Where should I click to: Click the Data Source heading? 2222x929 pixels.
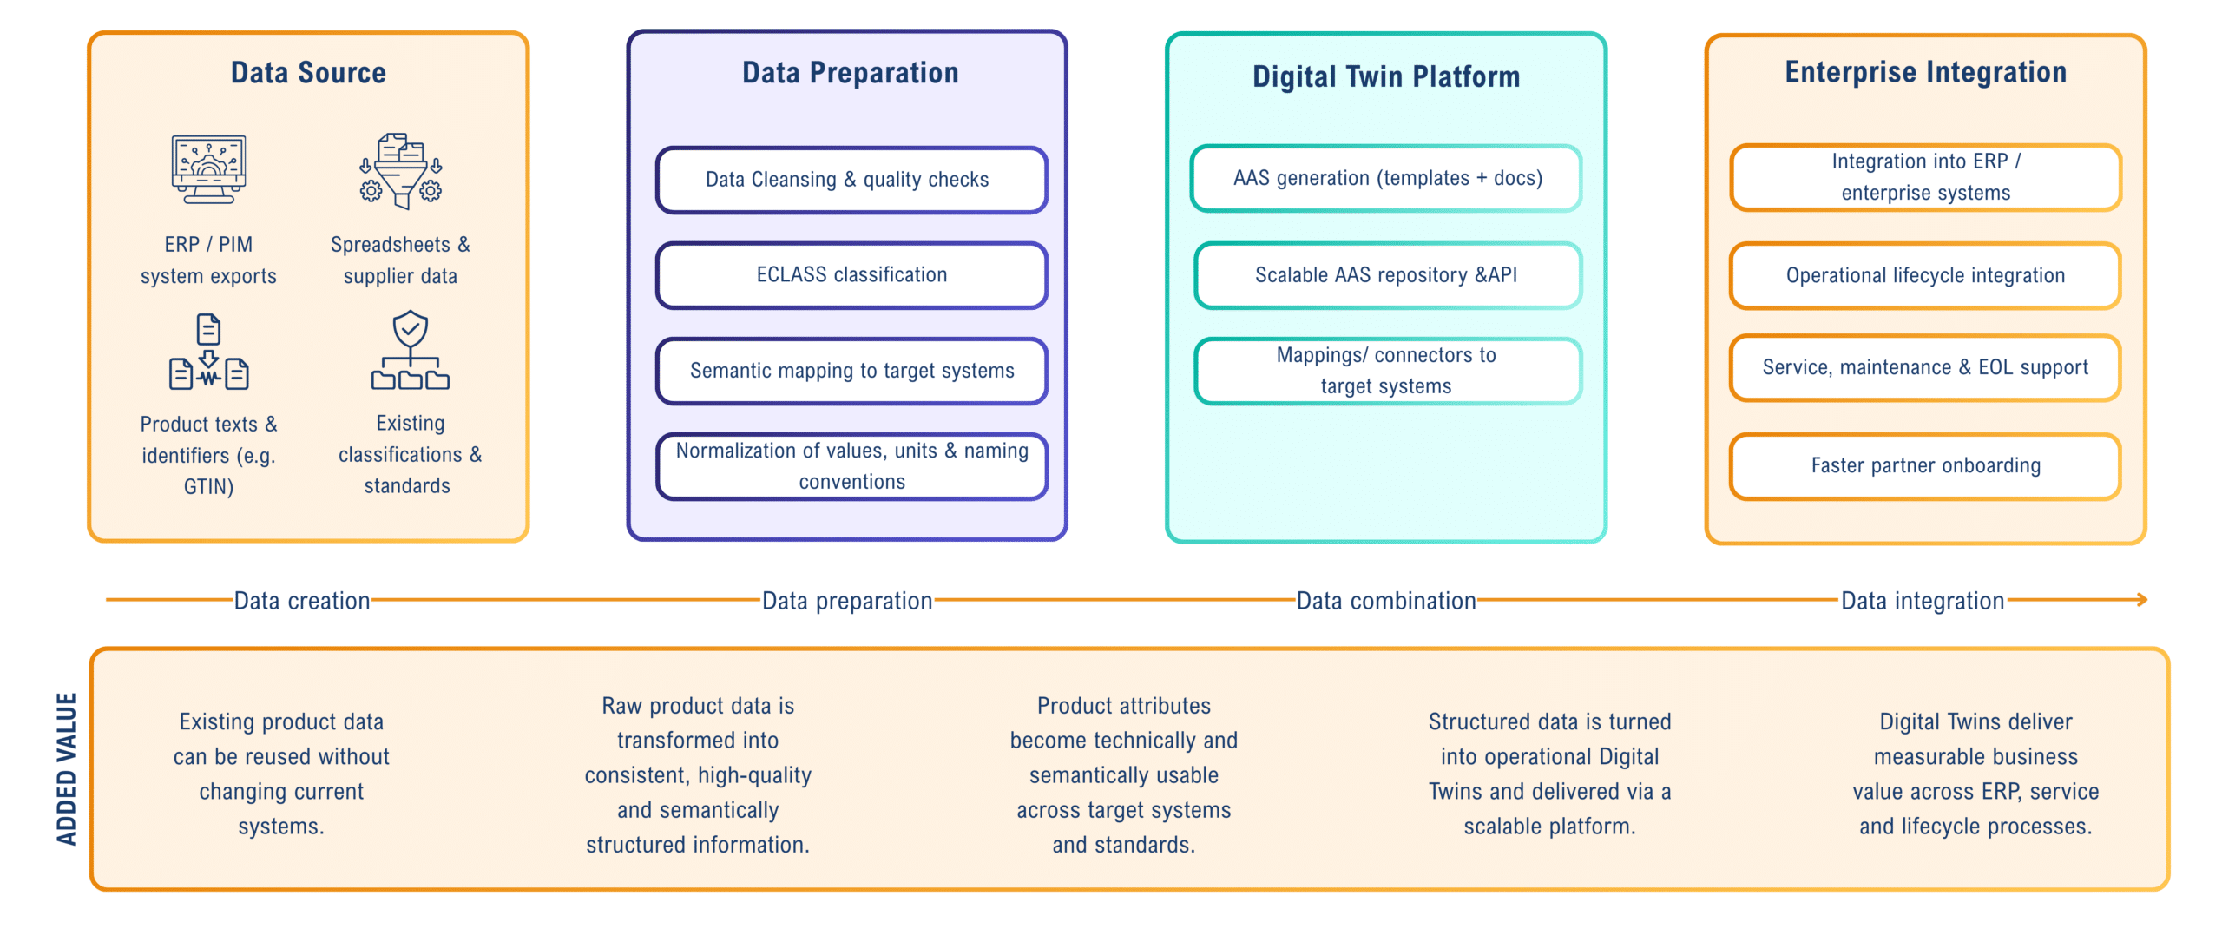click(x=308, y=73)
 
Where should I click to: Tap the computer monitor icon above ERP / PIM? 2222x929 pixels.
click(x=208, y=168)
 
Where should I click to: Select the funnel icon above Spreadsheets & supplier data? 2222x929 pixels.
click(x=401, y=171)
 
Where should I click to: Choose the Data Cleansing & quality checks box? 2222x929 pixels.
click(x=851, y=180)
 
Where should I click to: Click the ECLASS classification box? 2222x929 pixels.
click(x=851, y=275)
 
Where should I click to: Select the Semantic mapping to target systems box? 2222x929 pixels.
click(x=851, y=371)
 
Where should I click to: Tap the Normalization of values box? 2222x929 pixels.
click(x=851, y=466)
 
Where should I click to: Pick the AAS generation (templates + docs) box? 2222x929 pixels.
click(x=1386, y=178)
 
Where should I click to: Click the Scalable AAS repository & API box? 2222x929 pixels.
click(x=1386, y=275)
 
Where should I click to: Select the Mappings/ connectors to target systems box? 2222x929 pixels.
click(x=1386, y=371)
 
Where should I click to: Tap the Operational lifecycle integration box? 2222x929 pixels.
click(x=1925, y=275)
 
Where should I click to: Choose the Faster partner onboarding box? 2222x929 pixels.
click(x=1925, y=466)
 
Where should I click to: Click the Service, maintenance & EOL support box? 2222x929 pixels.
click(x=1925, y=367)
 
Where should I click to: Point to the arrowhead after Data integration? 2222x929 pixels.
click(x=2141, y=600)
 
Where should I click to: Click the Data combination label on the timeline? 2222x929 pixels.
click(x=1386, y=601)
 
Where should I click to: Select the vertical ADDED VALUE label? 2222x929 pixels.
click(x=67, y=768)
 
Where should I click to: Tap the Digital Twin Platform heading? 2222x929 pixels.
click(x=1386, y=77)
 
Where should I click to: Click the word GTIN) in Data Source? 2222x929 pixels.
click(x=208, y=487)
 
